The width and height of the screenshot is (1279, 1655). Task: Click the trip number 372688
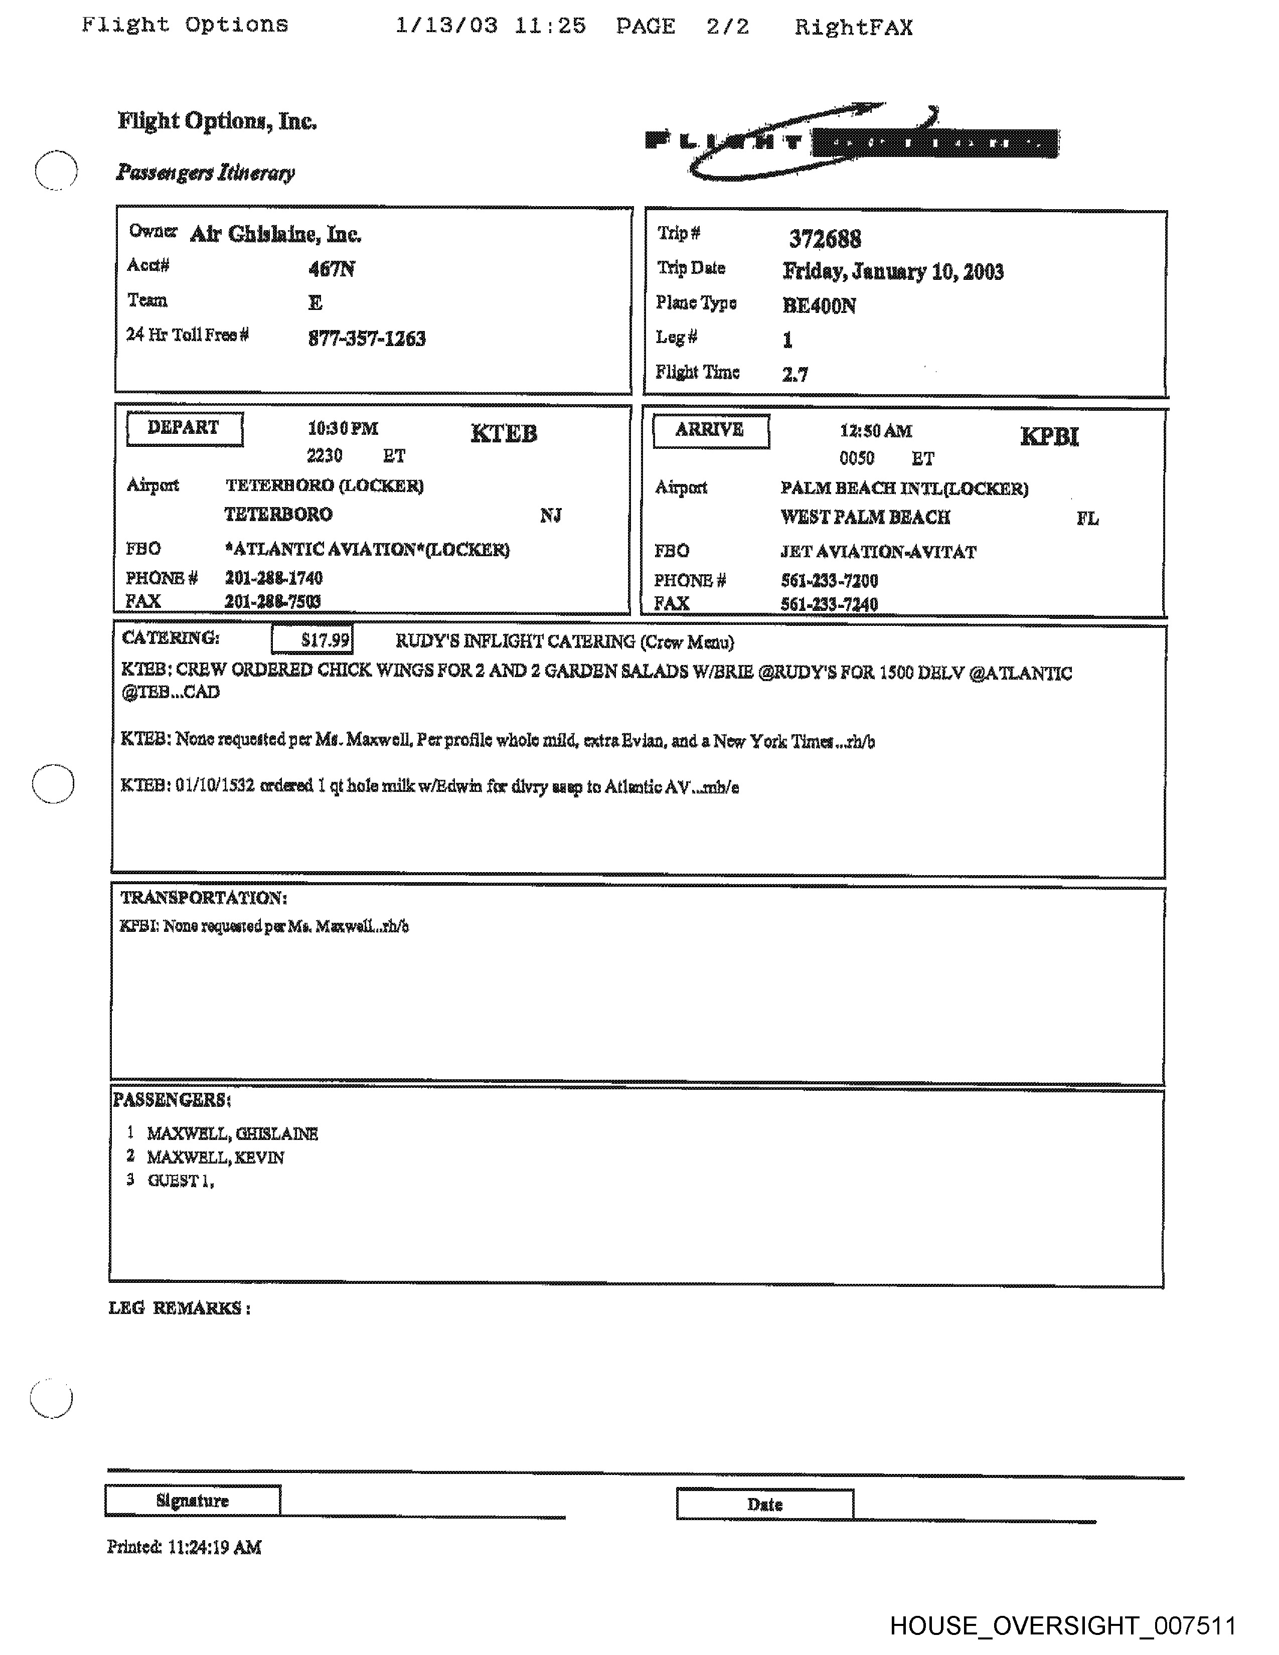pyautogui.click(x=825, y=239)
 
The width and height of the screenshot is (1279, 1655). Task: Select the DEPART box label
pyautogui.click(x=184, y=428)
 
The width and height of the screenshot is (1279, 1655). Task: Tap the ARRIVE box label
pyautogui.click(x=710, y=430)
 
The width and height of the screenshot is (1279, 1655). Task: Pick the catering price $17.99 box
pyautogui.click(x=312, y=639)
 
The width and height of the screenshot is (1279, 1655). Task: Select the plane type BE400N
pyautogui.click(x=819, y=306)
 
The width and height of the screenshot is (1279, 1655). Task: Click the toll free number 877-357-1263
pyautogui.click(x=367, y=338)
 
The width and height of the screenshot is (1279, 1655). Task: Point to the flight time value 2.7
pyautogui.click(x=795, y=374)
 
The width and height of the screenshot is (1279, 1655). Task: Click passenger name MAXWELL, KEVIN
pyautogui.click(x=215, y=1157)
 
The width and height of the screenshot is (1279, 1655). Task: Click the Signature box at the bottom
pyautogui.click(x=193, y=1501)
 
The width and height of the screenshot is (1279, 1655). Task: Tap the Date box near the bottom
pyautogui.click(x=764, y=1504)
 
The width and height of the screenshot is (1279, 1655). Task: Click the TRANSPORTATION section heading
pyautogui.click(x=203, y=898)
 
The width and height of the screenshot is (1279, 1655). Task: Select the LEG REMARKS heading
pyautogui.click(x=179, y=1308)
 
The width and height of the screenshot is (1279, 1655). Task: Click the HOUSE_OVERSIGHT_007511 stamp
pyautogui.click(x=1062, y=1626)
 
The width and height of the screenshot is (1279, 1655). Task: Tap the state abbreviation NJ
pyautogui.click(x=551, y=516)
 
